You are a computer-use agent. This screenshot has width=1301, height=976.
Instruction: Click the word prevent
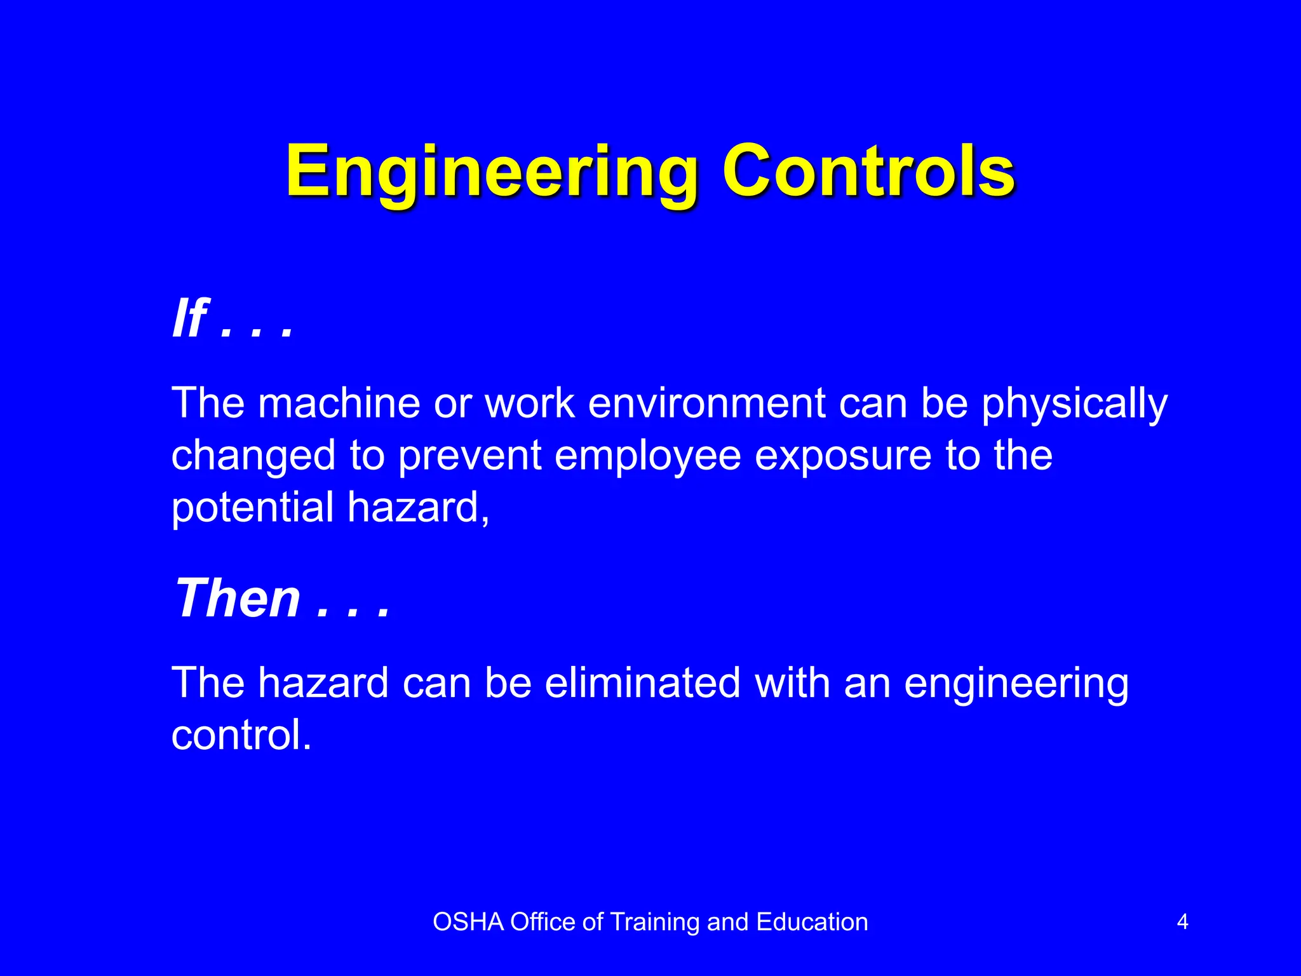point(469,456)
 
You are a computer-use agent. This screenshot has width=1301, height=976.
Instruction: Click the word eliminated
point(642,683)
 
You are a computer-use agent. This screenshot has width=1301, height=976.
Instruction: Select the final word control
point(241,735)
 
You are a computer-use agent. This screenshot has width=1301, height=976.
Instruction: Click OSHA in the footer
point(468,922)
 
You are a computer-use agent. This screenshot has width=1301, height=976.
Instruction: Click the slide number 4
point(1182,922)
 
